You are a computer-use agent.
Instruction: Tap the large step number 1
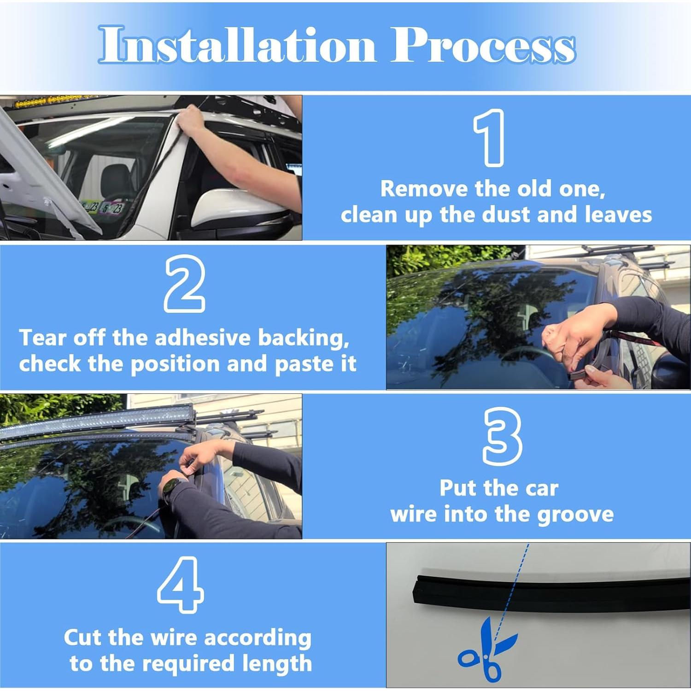tap(489, 138)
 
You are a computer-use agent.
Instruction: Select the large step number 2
tap(184, 284)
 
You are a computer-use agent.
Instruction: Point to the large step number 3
tap(502, 436)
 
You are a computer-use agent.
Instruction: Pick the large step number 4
tap(181, 584)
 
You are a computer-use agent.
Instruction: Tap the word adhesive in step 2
tap(203, 338)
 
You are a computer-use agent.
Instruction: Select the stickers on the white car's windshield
tap(102, 208)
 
